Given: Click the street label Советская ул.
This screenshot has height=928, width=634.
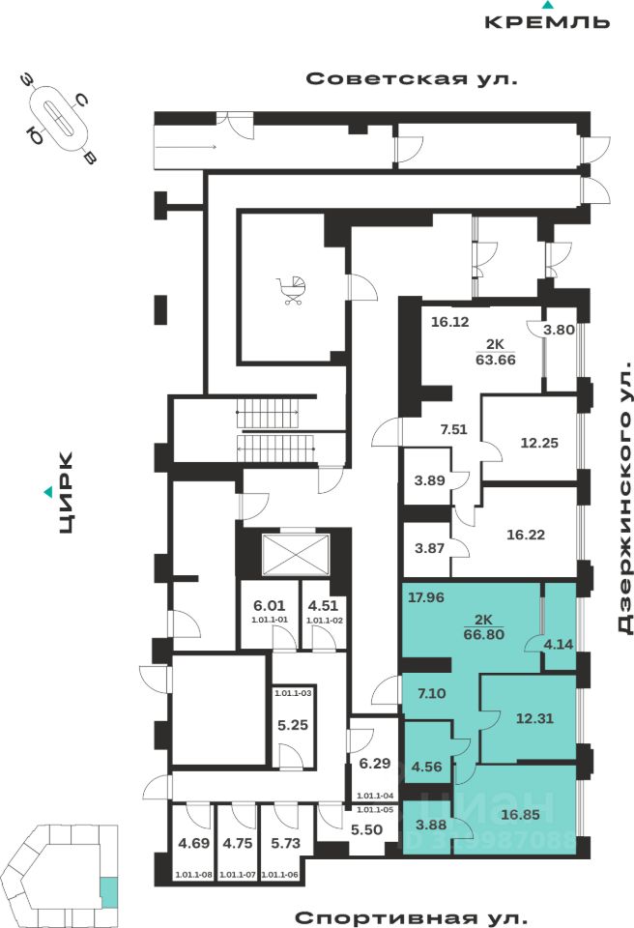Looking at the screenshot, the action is tap(412, 79).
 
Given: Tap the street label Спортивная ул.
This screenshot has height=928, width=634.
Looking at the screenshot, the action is tap(412, 916).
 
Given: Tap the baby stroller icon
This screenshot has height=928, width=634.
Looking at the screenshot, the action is tap(293, 289).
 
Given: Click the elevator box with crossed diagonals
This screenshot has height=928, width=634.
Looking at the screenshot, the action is tap(283, 555).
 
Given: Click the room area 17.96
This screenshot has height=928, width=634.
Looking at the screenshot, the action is tap(425, 596).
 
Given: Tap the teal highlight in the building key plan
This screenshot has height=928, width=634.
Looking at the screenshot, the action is tap(109, 890).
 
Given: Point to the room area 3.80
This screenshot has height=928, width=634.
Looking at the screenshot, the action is tap(559, 329).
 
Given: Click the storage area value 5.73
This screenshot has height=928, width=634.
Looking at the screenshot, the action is tap(287, 843).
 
